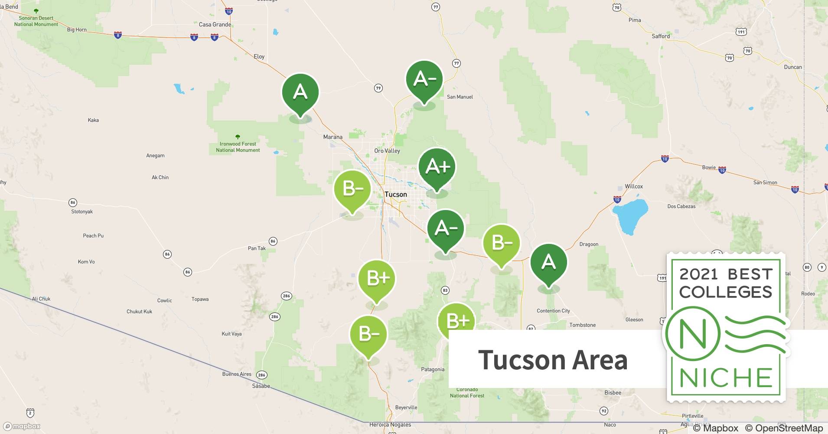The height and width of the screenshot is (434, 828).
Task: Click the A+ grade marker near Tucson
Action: tap(437, 167)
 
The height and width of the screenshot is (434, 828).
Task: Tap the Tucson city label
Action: tap(396, 194)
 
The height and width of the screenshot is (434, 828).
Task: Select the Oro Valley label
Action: tap(387, 151)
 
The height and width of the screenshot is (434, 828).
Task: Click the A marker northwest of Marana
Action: tap(300, 92)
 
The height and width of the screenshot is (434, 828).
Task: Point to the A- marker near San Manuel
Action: tap(424, 79)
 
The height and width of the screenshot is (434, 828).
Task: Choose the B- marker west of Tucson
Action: tap(352, 189)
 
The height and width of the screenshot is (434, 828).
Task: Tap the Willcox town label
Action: tap(634, 186)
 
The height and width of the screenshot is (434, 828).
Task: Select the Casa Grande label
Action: tap(215, 24)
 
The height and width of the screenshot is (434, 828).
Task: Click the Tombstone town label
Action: tap(582, 325)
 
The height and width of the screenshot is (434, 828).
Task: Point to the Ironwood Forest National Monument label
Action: tap(238, 147)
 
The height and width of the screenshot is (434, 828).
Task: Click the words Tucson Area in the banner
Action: tap(553, 360)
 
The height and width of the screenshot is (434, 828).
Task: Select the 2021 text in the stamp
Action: tap(699, 274)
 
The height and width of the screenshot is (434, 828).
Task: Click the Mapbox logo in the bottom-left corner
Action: tap(22, 426)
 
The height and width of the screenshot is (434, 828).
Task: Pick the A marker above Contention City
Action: tap(548, 262)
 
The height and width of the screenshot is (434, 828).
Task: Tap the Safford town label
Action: tap(661, 36)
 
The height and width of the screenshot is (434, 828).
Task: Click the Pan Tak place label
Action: tap(257, 248)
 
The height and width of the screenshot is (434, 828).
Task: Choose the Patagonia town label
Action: tap(433, 369)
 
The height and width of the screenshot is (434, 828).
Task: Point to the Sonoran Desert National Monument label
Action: tap(36, 21)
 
